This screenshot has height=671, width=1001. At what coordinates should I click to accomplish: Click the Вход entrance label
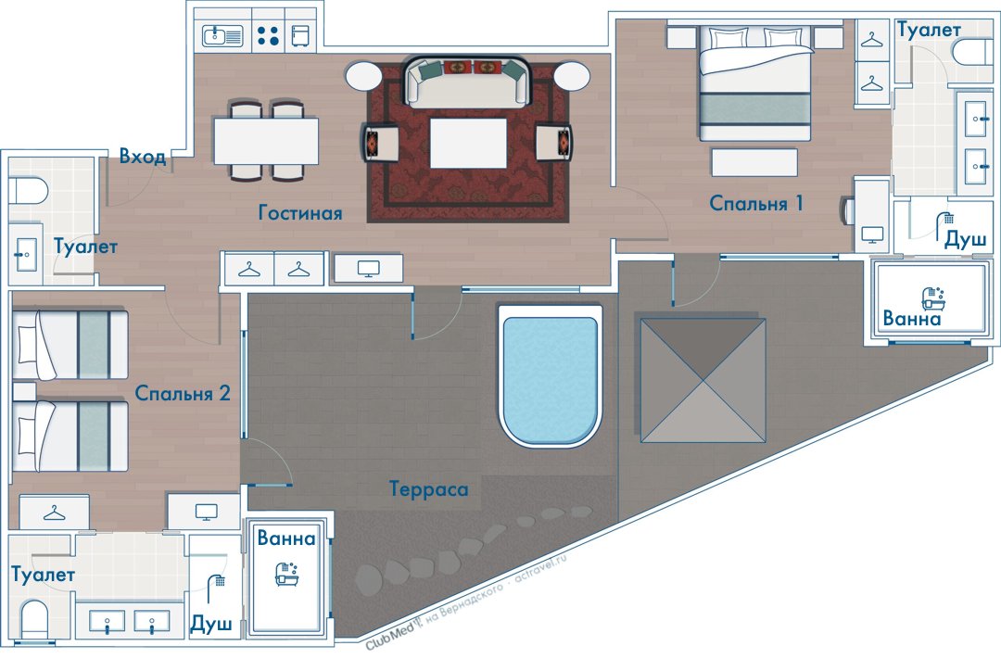click(143, 157)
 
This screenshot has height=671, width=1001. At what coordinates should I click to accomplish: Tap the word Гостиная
click(299, 213)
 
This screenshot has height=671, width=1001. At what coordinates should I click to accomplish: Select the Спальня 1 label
click(756, 203)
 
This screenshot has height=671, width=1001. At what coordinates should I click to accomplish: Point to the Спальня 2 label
click(183, 393)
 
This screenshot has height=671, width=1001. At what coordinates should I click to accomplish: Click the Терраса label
click(429, 488)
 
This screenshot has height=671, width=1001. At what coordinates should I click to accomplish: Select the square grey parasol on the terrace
click(702, 380)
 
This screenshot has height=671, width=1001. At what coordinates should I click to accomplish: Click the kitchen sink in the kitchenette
click(222, 36)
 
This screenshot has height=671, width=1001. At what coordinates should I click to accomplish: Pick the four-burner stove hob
click(269, 36)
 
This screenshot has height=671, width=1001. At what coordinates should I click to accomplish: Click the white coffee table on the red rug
click(468, 143)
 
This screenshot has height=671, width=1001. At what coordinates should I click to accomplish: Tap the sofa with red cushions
click(467, 82)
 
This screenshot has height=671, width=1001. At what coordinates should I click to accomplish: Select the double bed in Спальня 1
click(756, 83)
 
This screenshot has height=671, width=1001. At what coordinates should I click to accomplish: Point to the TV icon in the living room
click(368, 269)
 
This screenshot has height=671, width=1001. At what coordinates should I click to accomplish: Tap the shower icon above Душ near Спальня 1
click(947, 219)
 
